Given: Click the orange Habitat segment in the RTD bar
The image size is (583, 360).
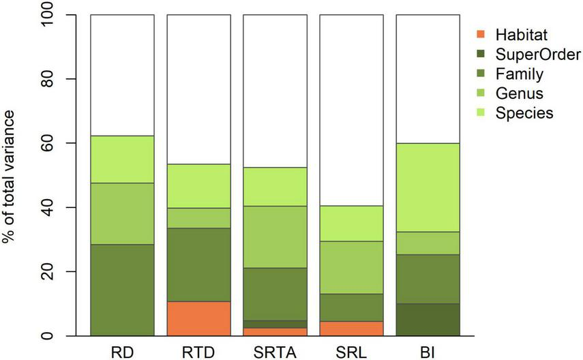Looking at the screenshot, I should coord(198,318).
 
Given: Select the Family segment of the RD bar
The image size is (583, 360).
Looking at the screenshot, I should coord(122,290).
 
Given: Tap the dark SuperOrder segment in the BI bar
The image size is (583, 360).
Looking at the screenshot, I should coord(428,320).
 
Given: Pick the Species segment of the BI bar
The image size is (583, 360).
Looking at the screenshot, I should coord(428,187).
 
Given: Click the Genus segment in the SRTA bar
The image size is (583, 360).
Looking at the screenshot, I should coord(275,237).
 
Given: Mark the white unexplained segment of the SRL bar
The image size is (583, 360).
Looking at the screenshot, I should coord(351,109).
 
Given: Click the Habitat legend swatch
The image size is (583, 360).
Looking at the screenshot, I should coord(480,34).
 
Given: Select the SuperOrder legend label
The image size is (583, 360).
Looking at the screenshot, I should coord(529,54).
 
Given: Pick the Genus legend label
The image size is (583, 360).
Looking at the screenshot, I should coord(516,93).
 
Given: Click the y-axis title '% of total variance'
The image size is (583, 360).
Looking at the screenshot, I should coord(15,175).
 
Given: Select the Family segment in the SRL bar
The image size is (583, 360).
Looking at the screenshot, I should coord(351,307).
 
